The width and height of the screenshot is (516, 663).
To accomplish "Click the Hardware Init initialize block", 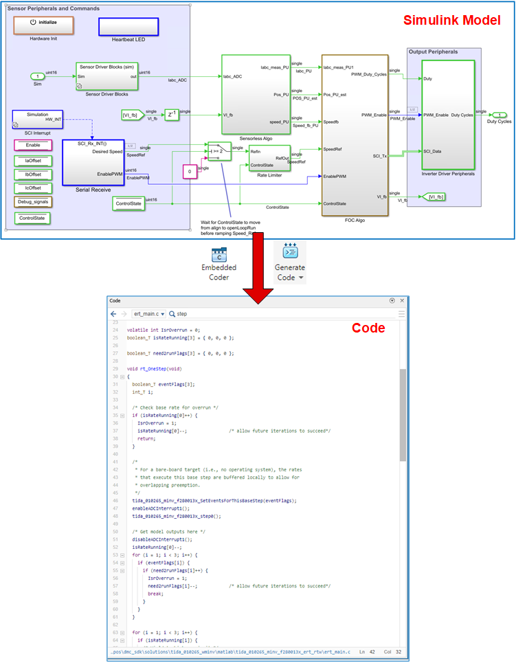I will click(44, 25).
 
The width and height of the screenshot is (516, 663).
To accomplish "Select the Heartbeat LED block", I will click(128, 26).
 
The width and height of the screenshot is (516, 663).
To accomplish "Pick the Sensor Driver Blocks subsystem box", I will click(106, 76).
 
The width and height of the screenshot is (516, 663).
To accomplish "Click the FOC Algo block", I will click(355, 135).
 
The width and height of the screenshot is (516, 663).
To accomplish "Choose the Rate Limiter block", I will click(269, 158).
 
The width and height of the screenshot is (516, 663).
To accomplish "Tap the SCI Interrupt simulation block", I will click(38, 119).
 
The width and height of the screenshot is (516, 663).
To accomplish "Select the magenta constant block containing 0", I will click(189, 171).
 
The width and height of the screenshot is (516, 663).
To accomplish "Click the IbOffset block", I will click(32, 175).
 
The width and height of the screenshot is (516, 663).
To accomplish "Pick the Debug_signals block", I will click(32, 202).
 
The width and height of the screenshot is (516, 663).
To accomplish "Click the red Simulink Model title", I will click(451, 21).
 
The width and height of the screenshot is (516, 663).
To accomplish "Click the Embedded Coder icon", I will click(220, 256).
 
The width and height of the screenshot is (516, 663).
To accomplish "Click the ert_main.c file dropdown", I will click(148, 313).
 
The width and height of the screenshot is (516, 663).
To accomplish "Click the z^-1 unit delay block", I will click(172, 114).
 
